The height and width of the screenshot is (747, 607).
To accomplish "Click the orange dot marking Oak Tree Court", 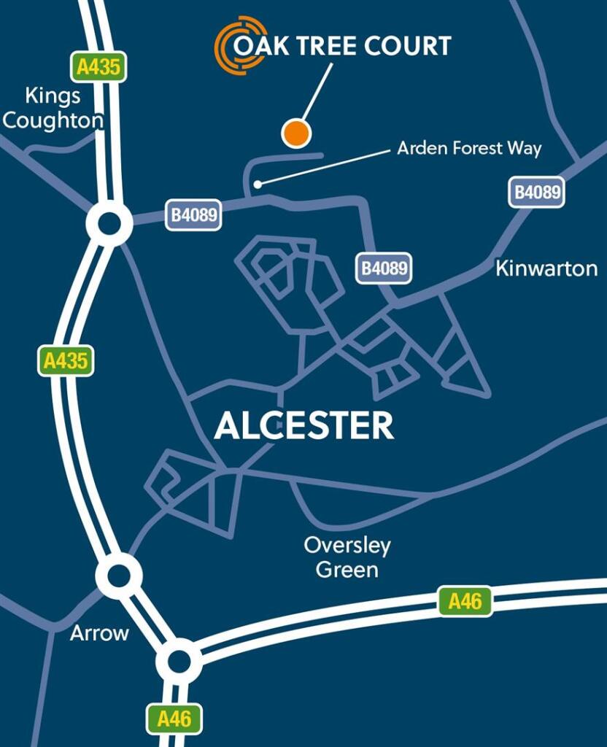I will click(296, 133).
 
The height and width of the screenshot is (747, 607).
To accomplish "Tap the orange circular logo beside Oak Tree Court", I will click(240, 44).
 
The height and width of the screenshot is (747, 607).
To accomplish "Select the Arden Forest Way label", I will click(468, 149).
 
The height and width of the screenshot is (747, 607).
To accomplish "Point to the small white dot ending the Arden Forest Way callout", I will click(257, 185).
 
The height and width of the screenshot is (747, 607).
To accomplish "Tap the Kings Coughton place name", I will click(52, 107).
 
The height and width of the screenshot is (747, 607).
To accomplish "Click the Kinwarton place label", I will click(546, 268).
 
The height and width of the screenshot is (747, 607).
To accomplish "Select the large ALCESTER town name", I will click(304, 426).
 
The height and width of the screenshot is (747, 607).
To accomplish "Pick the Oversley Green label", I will click(347, 557).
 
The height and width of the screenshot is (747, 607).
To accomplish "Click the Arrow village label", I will click(99, 633).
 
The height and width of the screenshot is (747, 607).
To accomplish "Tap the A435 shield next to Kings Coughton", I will click(98, 67).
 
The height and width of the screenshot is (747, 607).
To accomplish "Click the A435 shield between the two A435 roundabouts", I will click(66, 360).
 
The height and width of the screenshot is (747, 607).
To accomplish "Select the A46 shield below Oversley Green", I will click(465, 602).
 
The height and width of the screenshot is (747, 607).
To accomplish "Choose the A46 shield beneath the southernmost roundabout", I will click(174, 719).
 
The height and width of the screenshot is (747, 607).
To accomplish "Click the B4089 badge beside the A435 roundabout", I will click(195, 215).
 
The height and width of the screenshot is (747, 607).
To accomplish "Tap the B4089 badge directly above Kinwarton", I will click(538, 193).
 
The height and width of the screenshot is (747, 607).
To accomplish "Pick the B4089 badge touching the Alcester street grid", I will click(384, 268).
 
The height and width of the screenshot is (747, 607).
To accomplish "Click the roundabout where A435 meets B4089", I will click(109, 223).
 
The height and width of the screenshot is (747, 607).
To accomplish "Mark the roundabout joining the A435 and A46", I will click(179, 662).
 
